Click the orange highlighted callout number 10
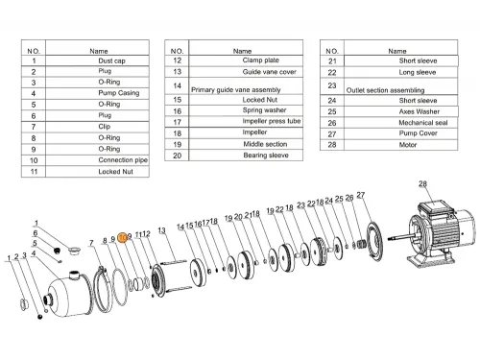(x=123, y=238)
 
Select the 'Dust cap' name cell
(x=111, y=60)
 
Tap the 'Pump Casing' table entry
(x=119, y=93)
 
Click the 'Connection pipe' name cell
(x=123, y=160)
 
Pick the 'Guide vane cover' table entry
(x=269, y=72)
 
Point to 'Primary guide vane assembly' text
(x=236, y=90)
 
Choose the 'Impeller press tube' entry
(x=272, y=121)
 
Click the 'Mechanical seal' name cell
(x=423, y=123)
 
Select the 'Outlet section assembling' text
(x=385, y=90)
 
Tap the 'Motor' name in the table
(x=408, y=145)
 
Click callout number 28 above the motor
(x=422, y=183)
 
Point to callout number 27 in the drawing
(x=361, y=195)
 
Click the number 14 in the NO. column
(x=178, y=85)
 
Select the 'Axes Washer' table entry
(x=420, y=111)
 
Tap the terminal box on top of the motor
(x=435, y=207)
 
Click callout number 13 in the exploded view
(x=161, y=230)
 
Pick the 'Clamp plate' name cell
(x=260, y=60)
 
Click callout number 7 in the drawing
(x=91, y=243)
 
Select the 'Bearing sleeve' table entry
(x=266, y=156)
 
